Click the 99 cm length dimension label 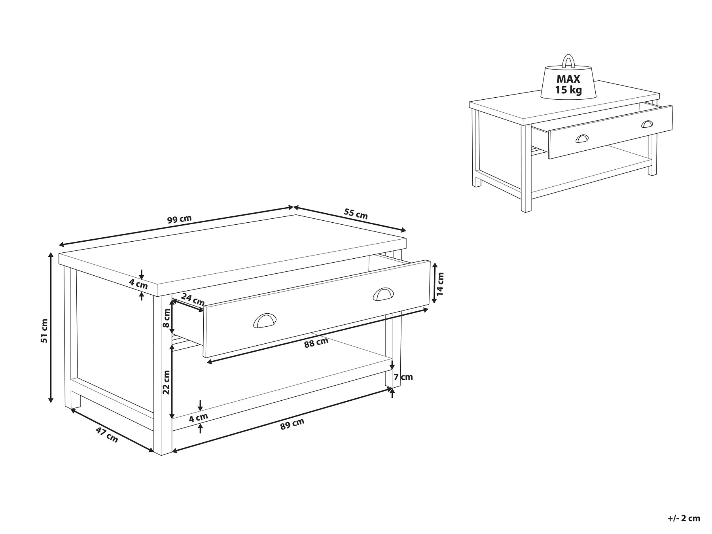click(x=179, y=219)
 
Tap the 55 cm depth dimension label click(x=356, y=214)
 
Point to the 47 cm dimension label click(x=107, y=435)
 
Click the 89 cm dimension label click(x=292, y=424)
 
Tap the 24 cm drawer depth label click(x=193, y=299)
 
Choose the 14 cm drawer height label click(x=440, y=283)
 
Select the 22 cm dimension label click(x=166, y=382)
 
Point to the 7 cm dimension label click(x=404, y=377)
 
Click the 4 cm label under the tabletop click(x=138, y=284)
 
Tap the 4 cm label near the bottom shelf click(x=198, y=417)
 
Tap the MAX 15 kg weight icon click(x=568, y=84)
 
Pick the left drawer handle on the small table click(x=582, y=138)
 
